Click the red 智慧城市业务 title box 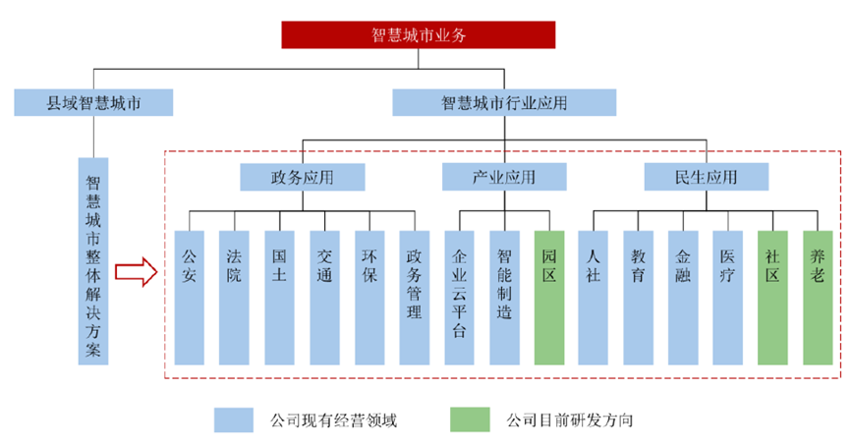(419, 34)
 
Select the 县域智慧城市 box (94, 102)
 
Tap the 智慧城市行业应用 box (504, 102)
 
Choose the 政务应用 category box (303, 178)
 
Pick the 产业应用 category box (504, 178)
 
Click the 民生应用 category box (706, 178)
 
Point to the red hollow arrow (135, 272)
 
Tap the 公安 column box (190, 296)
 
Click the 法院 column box (235, 296)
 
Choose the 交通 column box (325, 296)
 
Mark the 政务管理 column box (415, 296)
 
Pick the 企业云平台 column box (459, 296)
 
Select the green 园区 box (549, 296)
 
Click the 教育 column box (639, 296)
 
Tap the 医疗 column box (728, 296)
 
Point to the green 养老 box (818, 296)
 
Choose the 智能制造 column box (504, 296)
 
